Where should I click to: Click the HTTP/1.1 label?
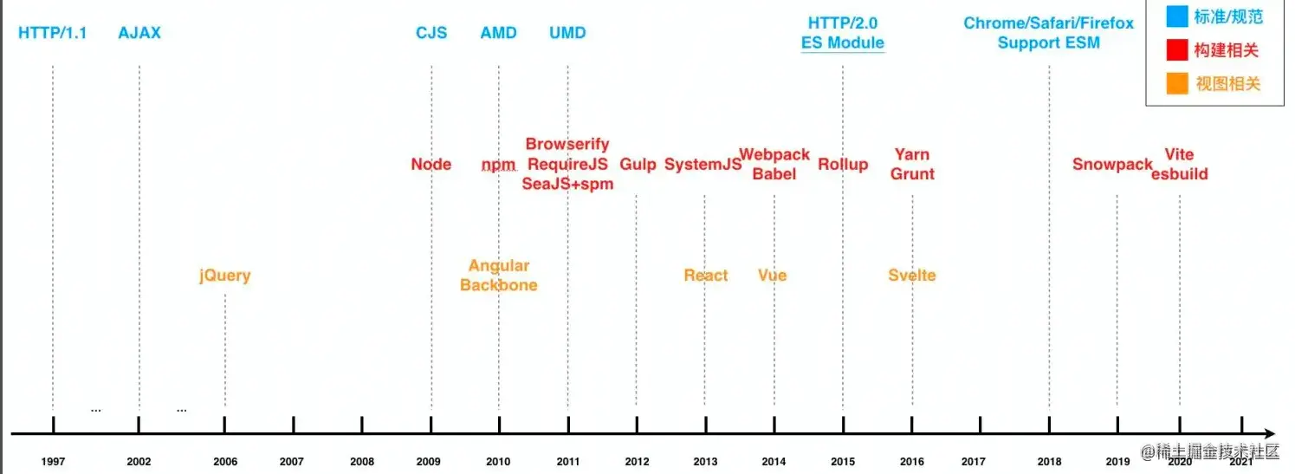coord(53,33)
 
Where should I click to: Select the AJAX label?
coord(139,33)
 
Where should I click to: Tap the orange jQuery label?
coord(224,276)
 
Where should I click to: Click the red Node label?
coord(431,164)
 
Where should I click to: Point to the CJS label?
coord(431,33)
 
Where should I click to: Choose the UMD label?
coord(567,33)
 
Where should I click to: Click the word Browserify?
coord(567,144)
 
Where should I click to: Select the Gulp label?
coord(638,164)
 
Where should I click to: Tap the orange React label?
coord(706,276)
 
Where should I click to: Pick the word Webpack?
coord(774,154)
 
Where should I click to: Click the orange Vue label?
coord(772,276)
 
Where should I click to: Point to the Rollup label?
coord(843,164)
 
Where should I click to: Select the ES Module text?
coord(843,42)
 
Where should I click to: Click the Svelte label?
coord(912,276)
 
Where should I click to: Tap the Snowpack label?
coord(1112,164)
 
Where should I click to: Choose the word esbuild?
coord(1180,174)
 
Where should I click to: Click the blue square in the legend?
coord(1176,17)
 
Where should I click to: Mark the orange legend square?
coord(1176,84)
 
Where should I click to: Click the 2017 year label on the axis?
coord(973,462)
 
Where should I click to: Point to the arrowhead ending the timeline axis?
coord(1269,432)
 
